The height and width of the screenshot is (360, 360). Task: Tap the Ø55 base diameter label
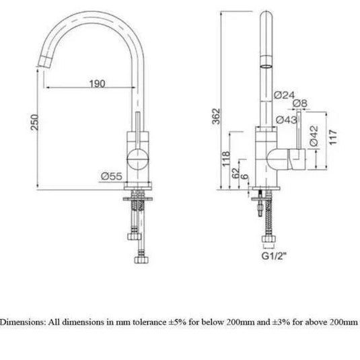pyautogui.click(x=110, y=176)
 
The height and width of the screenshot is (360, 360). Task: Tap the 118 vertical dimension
pyautogui.click(x=225, y=158)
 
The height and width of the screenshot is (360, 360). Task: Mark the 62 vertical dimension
pyautogui.click(x=234, y=173)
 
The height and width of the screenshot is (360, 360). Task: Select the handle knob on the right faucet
pyautogui.click(x=296, y=159)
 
